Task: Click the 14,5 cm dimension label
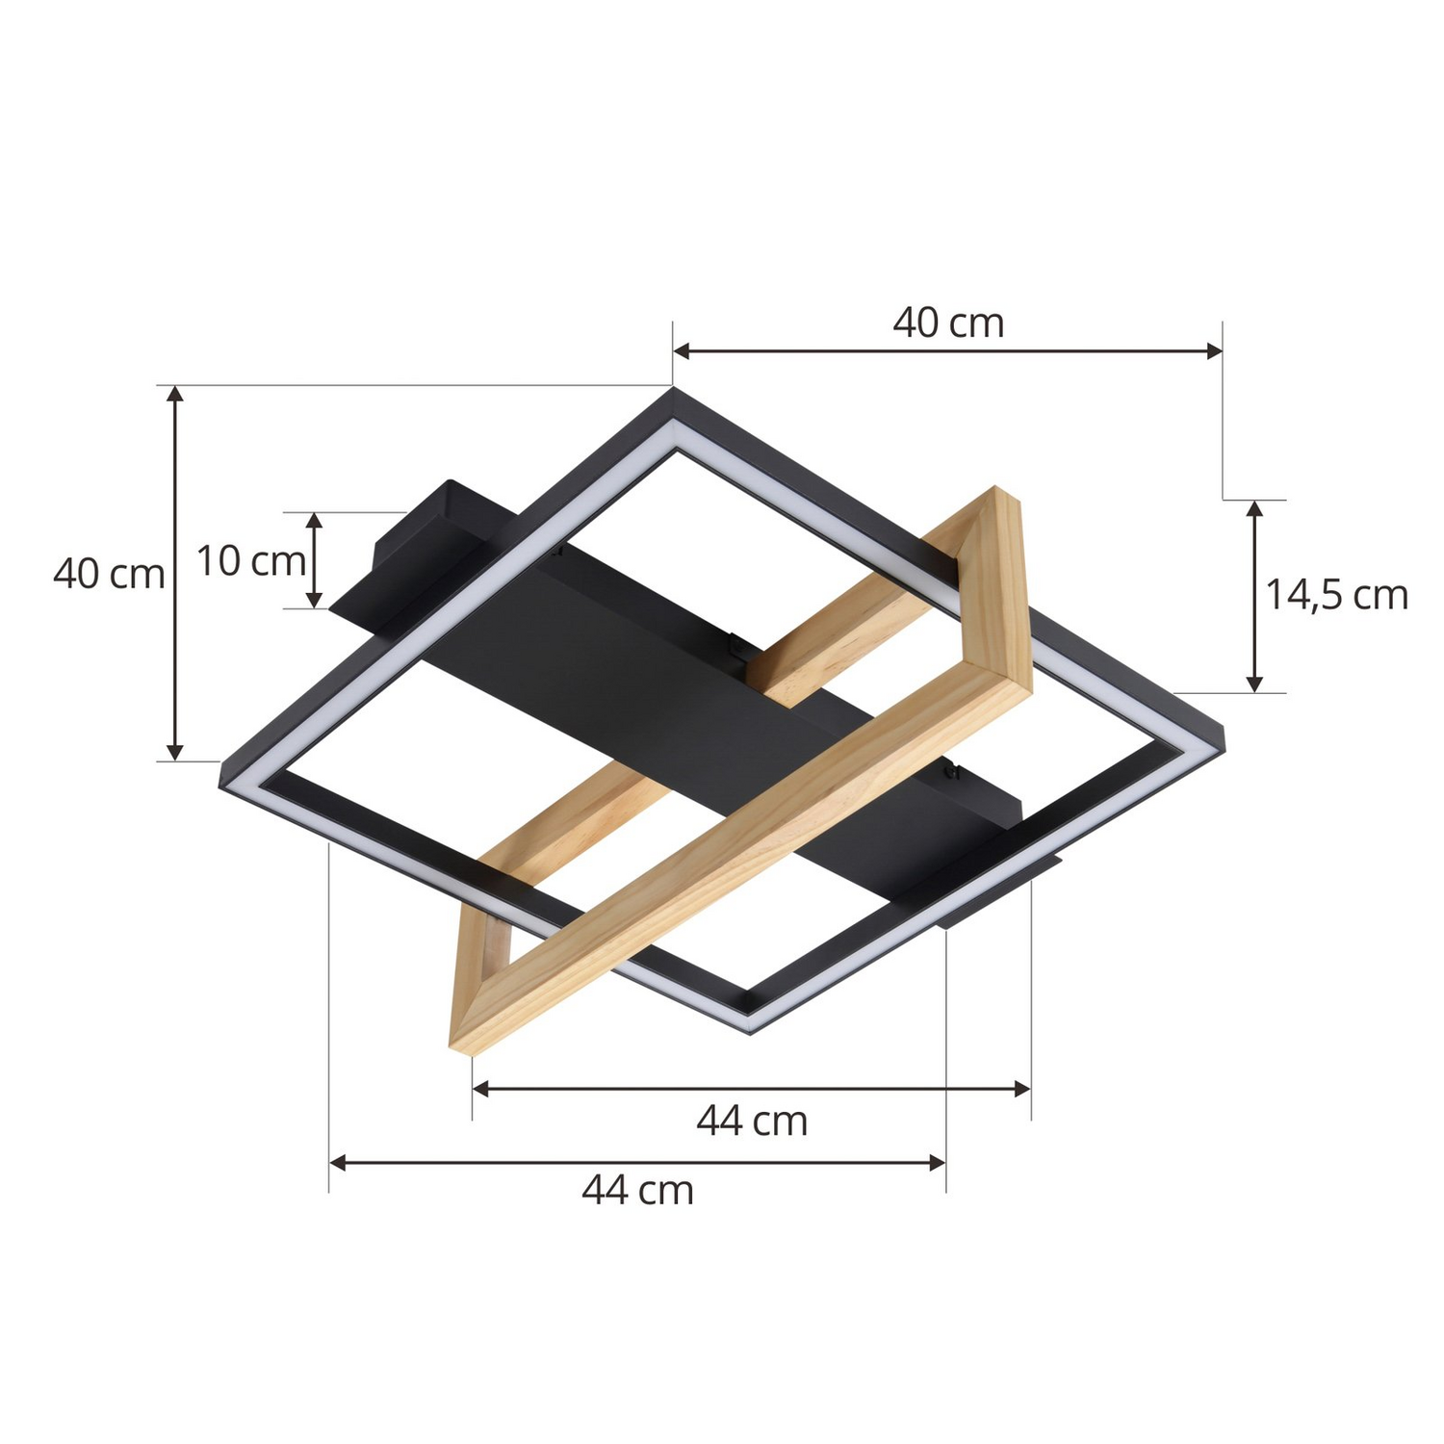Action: [x=1335, y=595]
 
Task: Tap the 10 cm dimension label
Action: [x=250, y=560]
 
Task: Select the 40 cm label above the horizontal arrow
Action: [x=948, y=322]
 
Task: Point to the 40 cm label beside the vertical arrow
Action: [x=109, y=574]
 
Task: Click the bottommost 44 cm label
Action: [x=637, y=1191]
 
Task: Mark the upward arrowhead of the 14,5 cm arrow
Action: [x=1253, y=508]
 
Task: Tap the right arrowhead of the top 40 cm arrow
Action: [x=1214, y=351]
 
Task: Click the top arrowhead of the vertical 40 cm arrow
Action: [x=174, y=394]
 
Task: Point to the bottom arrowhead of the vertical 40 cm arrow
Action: [x=174, y=752]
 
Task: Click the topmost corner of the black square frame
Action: [x=673, y=391]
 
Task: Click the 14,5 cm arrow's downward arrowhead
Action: [x=1253, y=683]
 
